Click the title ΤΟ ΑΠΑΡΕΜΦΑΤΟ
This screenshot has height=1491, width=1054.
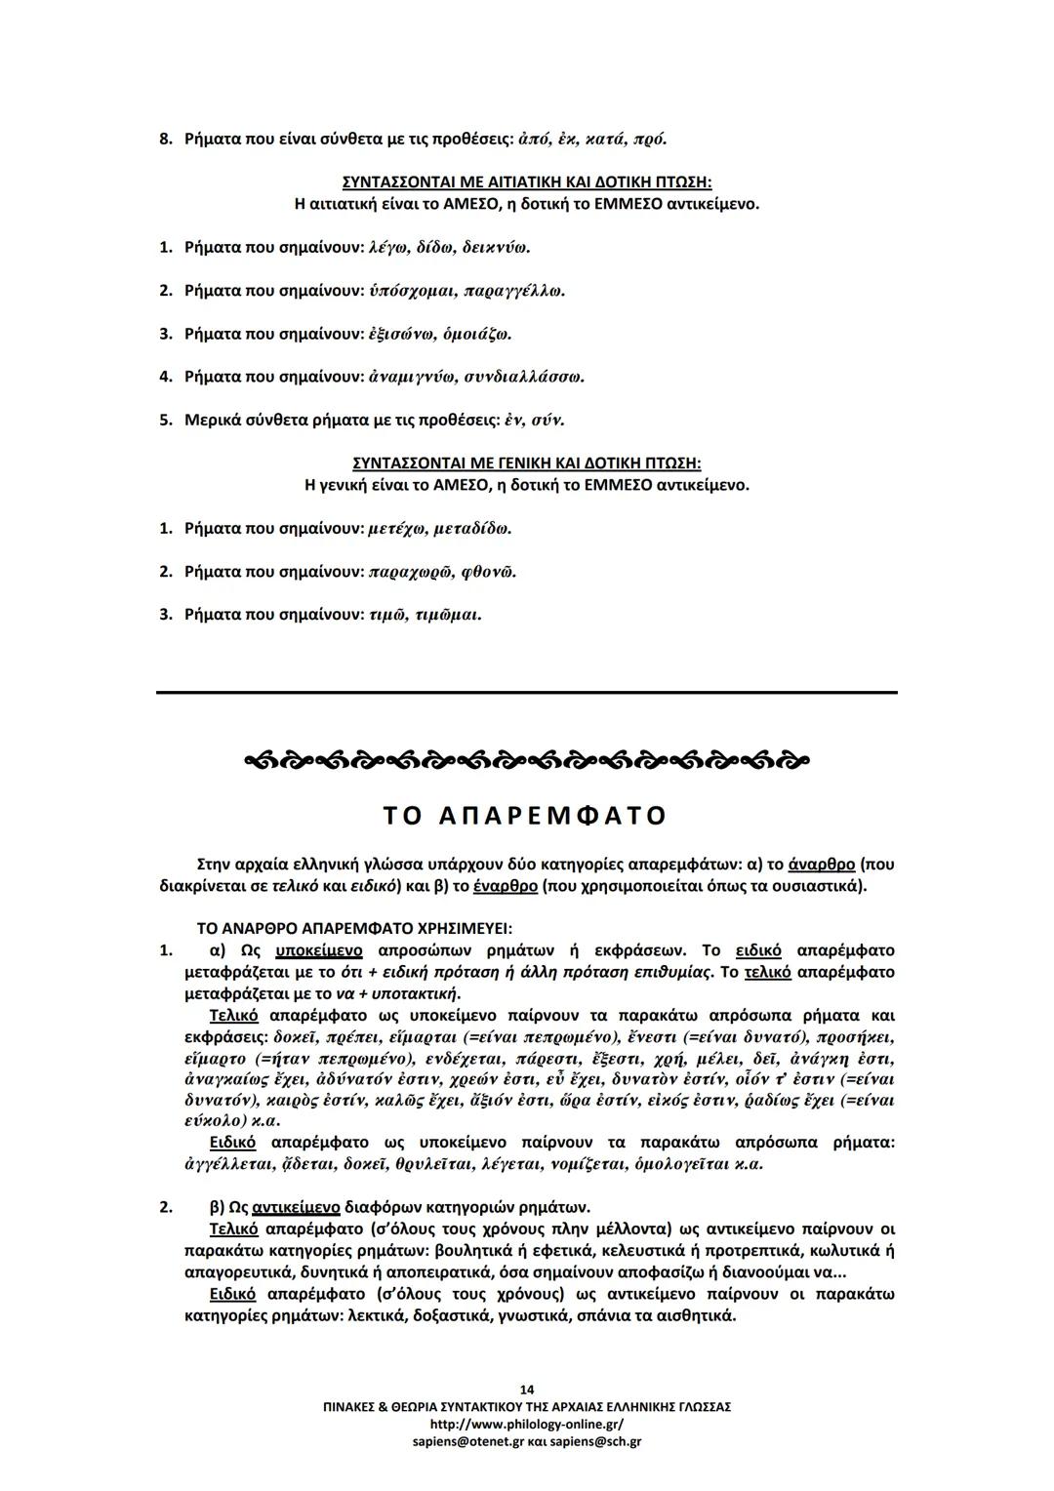coord(526,816)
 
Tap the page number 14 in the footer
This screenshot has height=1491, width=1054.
coord(527,1390)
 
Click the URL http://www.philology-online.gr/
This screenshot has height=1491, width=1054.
coord(526,1424)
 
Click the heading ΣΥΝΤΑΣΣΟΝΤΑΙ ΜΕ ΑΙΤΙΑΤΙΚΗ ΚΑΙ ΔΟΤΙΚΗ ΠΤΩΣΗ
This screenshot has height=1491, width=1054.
coord(526,182)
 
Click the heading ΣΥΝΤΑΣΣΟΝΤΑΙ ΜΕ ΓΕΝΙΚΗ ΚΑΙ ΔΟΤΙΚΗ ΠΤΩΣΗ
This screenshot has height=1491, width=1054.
coord(526,463)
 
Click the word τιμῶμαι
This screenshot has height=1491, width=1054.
coord(448,615)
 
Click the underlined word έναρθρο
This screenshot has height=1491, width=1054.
coord(505,886)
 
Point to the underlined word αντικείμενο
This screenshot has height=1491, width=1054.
coord(296,1208)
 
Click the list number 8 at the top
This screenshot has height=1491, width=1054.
coord(165,140)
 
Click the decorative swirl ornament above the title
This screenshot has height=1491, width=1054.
coord(526,759)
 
